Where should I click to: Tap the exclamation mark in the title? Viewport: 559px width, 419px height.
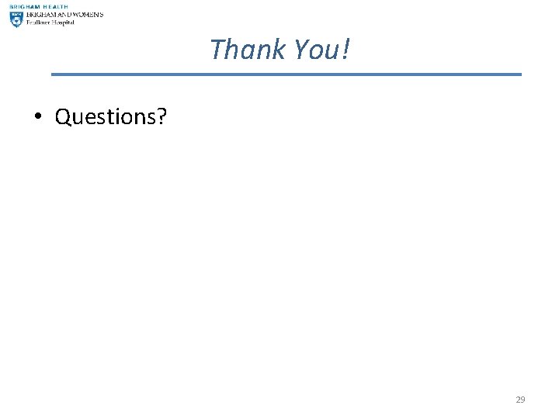[x=345, y=50]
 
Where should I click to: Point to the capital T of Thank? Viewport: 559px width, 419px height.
[x=218, y=50]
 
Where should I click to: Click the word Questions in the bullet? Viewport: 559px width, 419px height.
[x=106, y=116]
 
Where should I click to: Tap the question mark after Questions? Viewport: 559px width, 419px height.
[x=161, y=116]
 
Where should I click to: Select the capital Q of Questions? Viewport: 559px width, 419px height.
[x=64, y=116]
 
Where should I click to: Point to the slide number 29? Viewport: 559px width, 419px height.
[x=520, y=400]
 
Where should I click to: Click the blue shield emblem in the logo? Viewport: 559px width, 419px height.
[x=16, y=19]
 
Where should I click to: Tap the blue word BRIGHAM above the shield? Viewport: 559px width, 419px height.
[x=24, y=6]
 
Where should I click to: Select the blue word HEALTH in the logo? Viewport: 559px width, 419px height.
[x=56, y=6]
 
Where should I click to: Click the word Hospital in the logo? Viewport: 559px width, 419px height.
[x=63, y=23]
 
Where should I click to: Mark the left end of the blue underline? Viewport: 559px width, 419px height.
[x=53, y=74]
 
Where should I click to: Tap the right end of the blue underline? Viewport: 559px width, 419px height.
[x=520, y=74]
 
